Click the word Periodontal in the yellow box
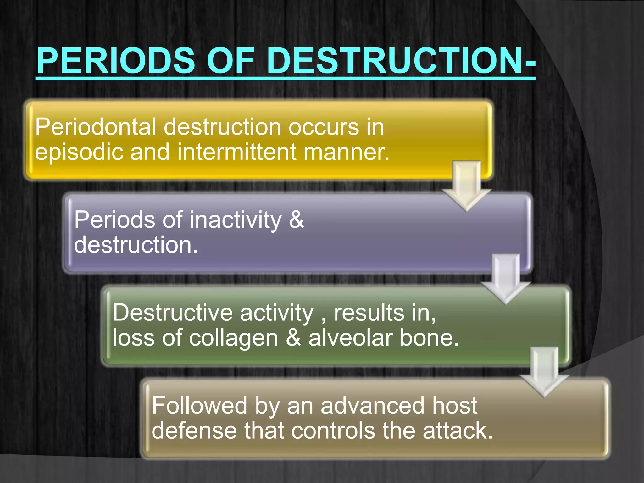[95, 127]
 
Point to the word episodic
[79, 152]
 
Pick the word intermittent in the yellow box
[237, 152]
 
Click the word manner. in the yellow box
[346, 152]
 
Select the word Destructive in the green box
[173, 313]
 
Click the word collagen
[234, 338]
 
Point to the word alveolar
[350, 338]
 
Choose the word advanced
[372, 406]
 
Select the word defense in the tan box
[194, 431]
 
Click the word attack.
[458, 431]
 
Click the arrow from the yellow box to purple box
[467, 186]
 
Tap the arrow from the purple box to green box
[506, 278]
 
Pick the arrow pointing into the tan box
[545, 371]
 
